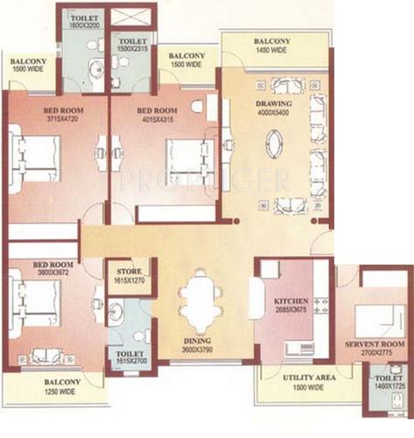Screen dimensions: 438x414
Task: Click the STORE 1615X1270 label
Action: (x=130, y=275)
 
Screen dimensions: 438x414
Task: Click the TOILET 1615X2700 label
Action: (x=130, y=357)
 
